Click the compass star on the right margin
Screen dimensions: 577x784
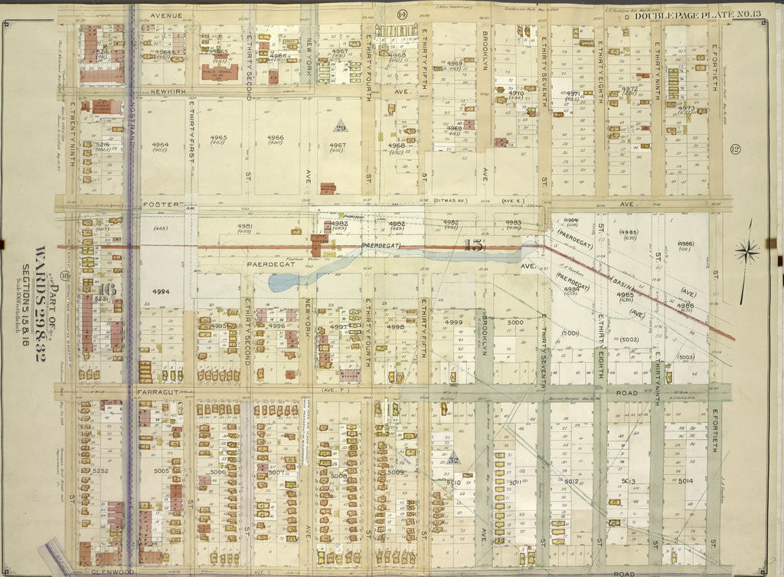tap(748, 251)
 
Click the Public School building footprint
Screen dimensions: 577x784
tap(219, 71)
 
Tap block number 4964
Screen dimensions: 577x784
tap(160, 144)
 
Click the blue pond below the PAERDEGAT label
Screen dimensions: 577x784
tap(285, 281)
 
